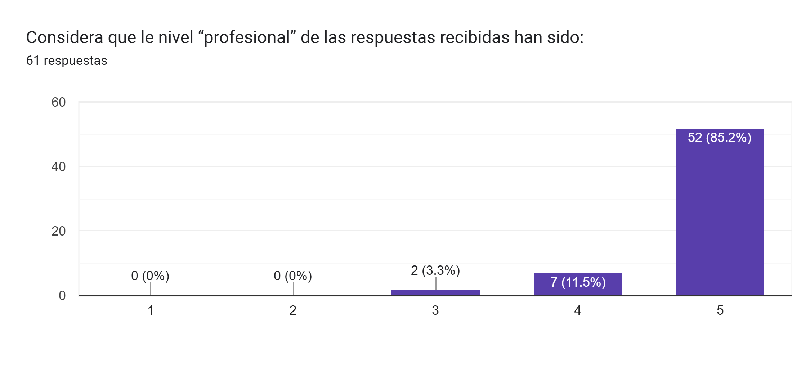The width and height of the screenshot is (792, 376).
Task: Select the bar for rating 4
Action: point(578,285)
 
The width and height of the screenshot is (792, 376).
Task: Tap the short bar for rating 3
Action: point(435,292)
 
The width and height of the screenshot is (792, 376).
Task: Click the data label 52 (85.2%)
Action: point(719,138)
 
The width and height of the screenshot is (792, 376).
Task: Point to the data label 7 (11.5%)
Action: point(578,282)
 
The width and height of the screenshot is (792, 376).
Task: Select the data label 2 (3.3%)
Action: point(435,270)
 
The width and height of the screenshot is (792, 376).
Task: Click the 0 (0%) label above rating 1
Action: point(150,276)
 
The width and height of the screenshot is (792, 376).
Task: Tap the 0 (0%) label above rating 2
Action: point(293,276)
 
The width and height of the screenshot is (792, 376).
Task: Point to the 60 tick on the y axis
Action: point(58,102)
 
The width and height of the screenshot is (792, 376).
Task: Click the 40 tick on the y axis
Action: point(58,167)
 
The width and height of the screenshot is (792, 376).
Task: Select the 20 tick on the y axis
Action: point(58,231)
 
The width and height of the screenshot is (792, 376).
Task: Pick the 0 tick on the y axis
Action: point(62,296)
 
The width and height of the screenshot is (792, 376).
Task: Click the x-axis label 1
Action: point(151,310)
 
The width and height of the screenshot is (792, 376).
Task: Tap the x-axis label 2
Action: point(293,310)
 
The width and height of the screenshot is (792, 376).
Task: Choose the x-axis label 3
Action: point(435,310)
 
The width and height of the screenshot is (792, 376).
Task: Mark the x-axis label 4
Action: point(577,310)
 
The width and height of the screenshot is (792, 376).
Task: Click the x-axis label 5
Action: point(720,310)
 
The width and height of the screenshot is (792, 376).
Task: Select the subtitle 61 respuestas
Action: point(67,61)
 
